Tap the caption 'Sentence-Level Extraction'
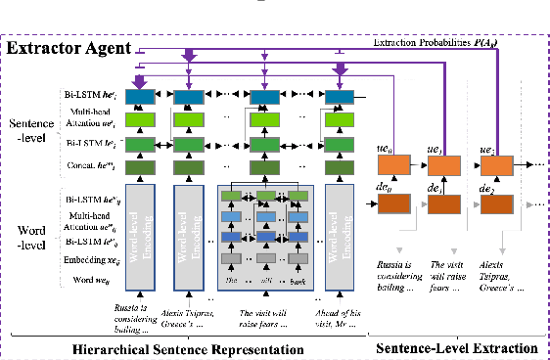pos(457,348)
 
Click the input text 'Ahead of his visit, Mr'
pos(342,319)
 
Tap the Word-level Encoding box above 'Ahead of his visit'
pos(343,234)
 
